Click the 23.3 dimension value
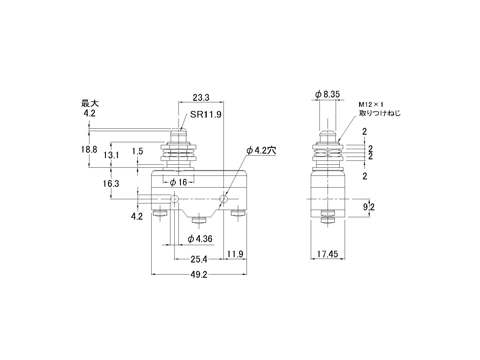[x=201, y=97]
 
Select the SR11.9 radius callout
[x=206, y=114]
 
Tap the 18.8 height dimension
[x=89, y=149]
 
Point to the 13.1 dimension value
[x=111, y=155]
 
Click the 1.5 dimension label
[x=137, y=151]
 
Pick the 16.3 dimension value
[x=111, y=184]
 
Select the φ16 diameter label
[x=178, y=182]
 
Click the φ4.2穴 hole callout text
[x=261, y=150]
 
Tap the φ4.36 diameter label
[x=200, y=239]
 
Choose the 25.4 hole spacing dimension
[x=199, y=259]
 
